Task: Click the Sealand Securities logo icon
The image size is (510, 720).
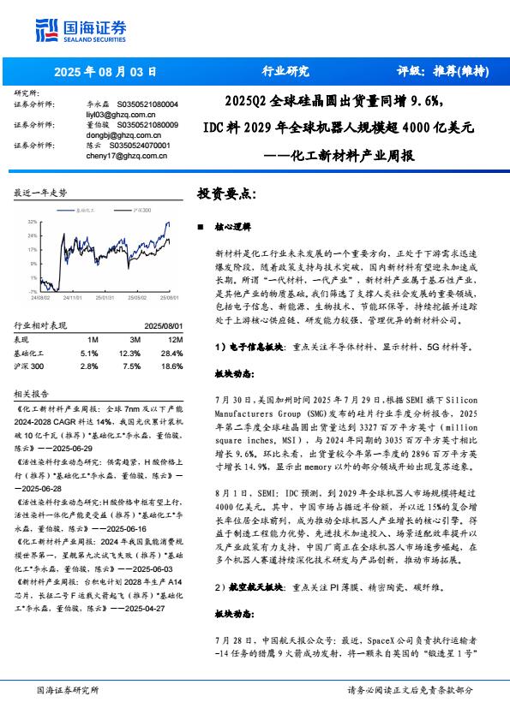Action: (44, 30)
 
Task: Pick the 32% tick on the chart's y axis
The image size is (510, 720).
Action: (32, 221)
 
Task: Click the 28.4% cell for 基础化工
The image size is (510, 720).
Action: (171, 353)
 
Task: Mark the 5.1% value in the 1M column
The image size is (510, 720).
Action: (89, 353)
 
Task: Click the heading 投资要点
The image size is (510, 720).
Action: (226, 194)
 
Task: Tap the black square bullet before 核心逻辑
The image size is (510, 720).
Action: (200, 229)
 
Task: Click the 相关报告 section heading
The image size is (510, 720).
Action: (32, 393)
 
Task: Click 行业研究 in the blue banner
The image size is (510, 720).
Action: (285, 71)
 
